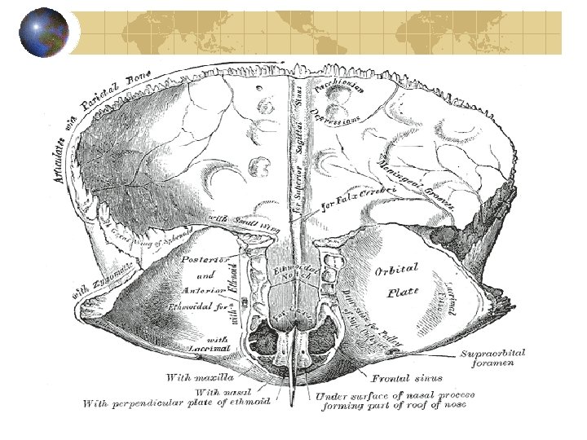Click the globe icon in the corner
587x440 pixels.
tap(43, 33)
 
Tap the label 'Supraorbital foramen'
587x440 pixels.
tap(493, 358)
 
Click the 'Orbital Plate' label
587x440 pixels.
tap(396, 278)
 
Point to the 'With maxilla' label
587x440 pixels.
tap(199, 377)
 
